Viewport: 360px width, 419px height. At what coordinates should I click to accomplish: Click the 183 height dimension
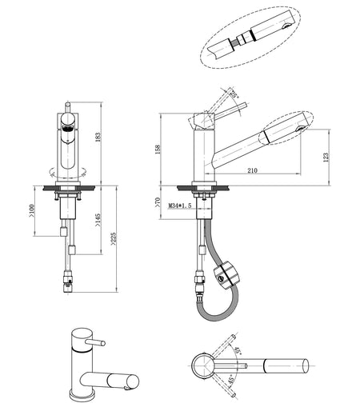[x=98, y=137]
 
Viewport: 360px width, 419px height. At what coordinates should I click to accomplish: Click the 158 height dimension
[x=158, y=149]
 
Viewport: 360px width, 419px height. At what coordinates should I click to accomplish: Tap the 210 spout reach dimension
[x=252, y=170]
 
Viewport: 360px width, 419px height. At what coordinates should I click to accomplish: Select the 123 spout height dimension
[x=326, y=158]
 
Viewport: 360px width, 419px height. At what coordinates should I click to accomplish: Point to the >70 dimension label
[x=158, y=202]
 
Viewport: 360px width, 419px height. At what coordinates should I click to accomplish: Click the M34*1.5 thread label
[x=180, y=206]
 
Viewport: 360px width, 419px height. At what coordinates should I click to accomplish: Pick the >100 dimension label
[x=31, y=210]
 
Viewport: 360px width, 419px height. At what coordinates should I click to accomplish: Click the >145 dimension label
[x=98, y=220]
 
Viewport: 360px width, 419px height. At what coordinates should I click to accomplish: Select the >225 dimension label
[x=114, y=238]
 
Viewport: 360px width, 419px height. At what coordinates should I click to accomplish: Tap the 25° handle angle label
[x=233, y=94]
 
